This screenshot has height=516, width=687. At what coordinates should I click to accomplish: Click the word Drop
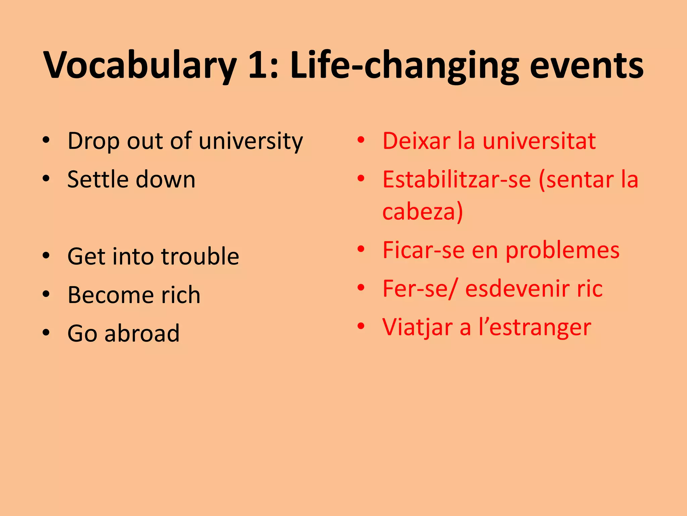point(93,141)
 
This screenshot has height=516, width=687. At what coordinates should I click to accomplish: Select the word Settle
point(97,179)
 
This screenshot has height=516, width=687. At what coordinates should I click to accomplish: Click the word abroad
point(142,334)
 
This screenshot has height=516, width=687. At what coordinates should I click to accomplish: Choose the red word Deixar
point(416,141)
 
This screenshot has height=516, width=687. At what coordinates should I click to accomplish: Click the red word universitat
point(539,141)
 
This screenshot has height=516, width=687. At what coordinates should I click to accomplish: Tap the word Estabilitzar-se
point(457,179)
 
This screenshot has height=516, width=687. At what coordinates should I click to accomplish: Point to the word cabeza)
point(423,212)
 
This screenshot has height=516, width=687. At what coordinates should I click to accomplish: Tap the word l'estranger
point(535,328)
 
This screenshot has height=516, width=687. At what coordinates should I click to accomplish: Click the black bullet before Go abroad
point(46,333)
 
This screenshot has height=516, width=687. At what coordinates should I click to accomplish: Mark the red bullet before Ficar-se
point(361,250)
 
